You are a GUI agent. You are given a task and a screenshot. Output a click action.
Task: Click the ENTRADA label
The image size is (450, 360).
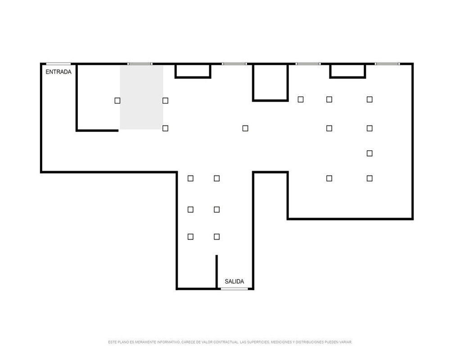58,72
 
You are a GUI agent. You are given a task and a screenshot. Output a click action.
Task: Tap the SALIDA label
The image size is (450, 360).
234,282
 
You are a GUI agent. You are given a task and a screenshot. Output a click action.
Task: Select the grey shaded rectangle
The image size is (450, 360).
141,97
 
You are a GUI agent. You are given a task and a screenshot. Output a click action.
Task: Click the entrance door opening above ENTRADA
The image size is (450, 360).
58,64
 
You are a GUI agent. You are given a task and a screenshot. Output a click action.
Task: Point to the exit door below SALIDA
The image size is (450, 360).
234,288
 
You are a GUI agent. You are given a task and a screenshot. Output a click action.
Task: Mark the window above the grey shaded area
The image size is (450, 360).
140,64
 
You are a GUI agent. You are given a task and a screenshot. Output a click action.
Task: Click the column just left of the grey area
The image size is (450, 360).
117,100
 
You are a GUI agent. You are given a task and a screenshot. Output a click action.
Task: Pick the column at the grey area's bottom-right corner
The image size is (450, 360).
165,128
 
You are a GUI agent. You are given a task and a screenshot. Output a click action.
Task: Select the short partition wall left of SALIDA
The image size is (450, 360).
217,272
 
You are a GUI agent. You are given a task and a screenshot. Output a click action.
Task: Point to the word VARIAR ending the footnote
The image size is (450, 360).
346,342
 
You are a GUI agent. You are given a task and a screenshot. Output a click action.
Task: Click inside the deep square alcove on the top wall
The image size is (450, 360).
270,82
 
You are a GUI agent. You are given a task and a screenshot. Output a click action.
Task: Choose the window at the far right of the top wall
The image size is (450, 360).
387,64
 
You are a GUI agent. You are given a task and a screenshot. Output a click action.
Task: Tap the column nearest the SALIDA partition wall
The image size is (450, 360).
217,237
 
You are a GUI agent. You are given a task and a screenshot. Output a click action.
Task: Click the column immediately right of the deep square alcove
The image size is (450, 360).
301,99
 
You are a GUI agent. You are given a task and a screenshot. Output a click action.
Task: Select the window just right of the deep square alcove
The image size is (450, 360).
308,64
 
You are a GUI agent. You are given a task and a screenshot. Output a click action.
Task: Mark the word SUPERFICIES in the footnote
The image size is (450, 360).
258,342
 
